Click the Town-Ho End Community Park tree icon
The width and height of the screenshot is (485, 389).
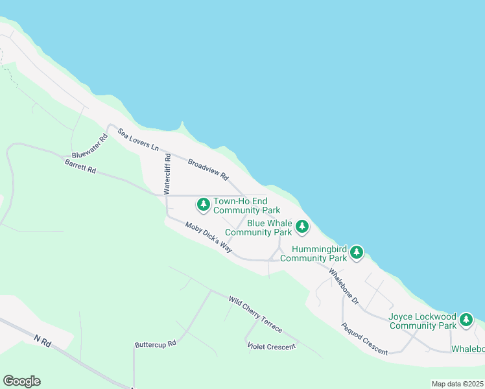pos(204,206)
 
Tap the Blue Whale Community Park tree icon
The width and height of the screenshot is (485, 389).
pos(302,227)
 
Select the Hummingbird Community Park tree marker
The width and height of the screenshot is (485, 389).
pos(356,253)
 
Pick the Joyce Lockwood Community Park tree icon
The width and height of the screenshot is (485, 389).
pos(466,320)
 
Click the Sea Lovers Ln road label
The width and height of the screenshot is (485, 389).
pos(138,140)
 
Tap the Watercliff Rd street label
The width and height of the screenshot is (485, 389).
pos(167,174)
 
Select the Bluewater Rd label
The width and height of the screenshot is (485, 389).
pos(90,147)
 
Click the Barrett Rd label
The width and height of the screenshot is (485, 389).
pos(80,165)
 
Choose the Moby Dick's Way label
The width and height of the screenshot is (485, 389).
pos(208,237)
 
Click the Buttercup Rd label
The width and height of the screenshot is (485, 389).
pos(156,344)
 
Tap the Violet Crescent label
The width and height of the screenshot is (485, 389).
pos(272,346)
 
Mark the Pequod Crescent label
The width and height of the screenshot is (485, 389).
pos(365,338)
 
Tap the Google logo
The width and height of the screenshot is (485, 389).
pos(21,381)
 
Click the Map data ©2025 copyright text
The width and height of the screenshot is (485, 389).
pos(458,384)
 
